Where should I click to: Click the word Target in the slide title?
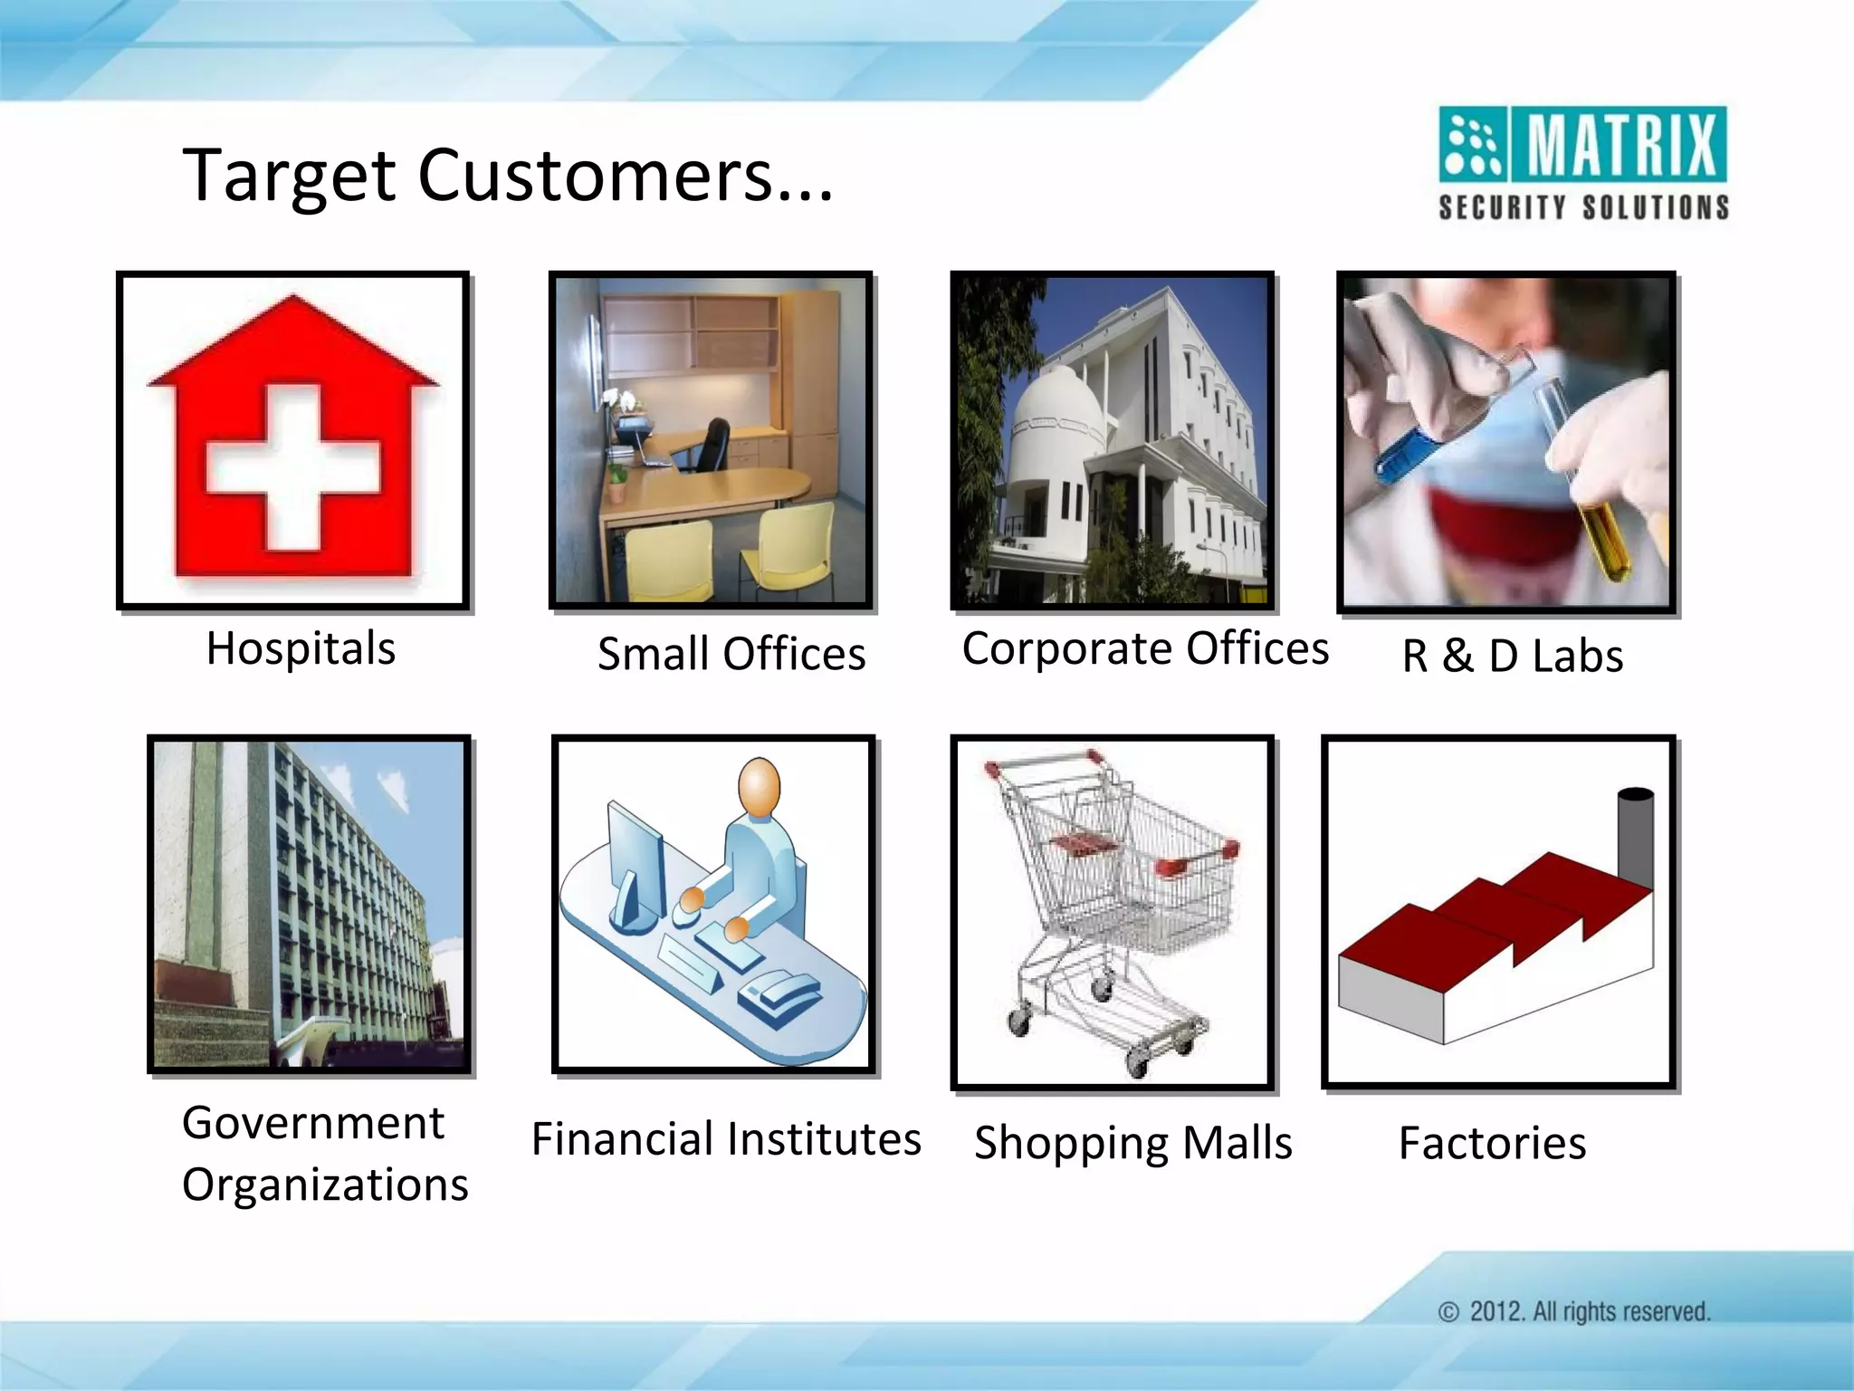pos(288,177)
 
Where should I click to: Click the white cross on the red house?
pos(293,466)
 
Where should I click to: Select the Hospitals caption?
pos(301,648)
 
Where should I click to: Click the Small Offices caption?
pos(731,654)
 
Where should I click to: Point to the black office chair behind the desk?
pos(712,443)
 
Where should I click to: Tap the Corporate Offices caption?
pos(1145,648)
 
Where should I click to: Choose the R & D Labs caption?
pos(1512,656)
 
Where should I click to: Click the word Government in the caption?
pos(313,1123)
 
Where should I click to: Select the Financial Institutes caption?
pos(726,1139)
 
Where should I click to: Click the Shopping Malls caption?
pos(1132,1143)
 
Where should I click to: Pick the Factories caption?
pos(1492,1143)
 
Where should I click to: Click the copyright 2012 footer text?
pos(1575,1311)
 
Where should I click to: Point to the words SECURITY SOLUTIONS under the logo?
pos(1584,207)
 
